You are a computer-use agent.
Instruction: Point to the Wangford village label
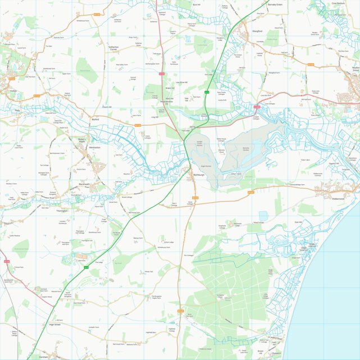pos(257,31)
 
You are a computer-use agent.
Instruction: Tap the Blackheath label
pos(84,184)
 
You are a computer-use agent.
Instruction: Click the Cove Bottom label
pos(338,3)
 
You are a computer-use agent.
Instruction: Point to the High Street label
pos(54,325)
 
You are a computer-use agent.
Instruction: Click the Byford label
pos(95,120)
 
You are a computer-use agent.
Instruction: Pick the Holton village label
pos(13,90)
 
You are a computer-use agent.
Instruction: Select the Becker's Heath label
pos(83,140)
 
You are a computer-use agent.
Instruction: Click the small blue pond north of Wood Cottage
pos(263,215)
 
